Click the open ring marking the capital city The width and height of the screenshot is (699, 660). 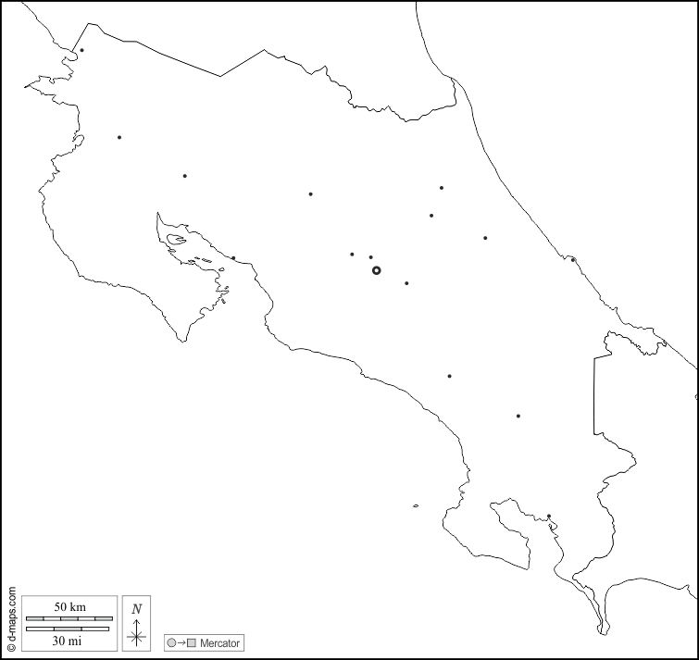click(376, 270)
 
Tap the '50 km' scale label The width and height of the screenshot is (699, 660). click(69, 606)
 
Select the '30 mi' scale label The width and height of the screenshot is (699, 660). click(68, 641)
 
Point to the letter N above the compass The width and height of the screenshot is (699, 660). click(136, 608)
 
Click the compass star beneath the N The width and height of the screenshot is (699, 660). click(136, 634)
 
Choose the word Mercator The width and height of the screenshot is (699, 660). click(220, 641)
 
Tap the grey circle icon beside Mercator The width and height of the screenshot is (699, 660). click(171, 641)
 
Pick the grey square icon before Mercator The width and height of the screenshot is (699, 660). click(192, 641)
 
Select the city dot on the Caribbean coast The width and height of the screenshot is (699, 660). click(573, 259)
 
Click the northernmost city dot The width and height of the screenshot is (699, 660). click(81, 51)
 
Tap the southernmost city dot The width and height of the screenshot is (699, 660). click(549, 517)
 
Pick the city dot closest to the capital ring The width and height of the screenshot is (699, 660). click(371, 257)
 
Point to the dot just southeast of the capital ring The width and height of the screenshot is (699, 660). click(406, 283)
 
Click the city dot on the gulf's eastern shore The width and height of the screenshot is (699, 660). click(233, 258)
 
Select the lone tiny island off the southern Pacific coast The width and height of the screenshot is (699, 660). click(417, 505)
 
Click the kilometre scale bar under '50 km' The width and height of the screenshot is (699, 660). click(69, 618)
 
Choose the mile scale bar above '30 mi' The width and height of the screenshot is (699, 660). click(68, 629)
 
